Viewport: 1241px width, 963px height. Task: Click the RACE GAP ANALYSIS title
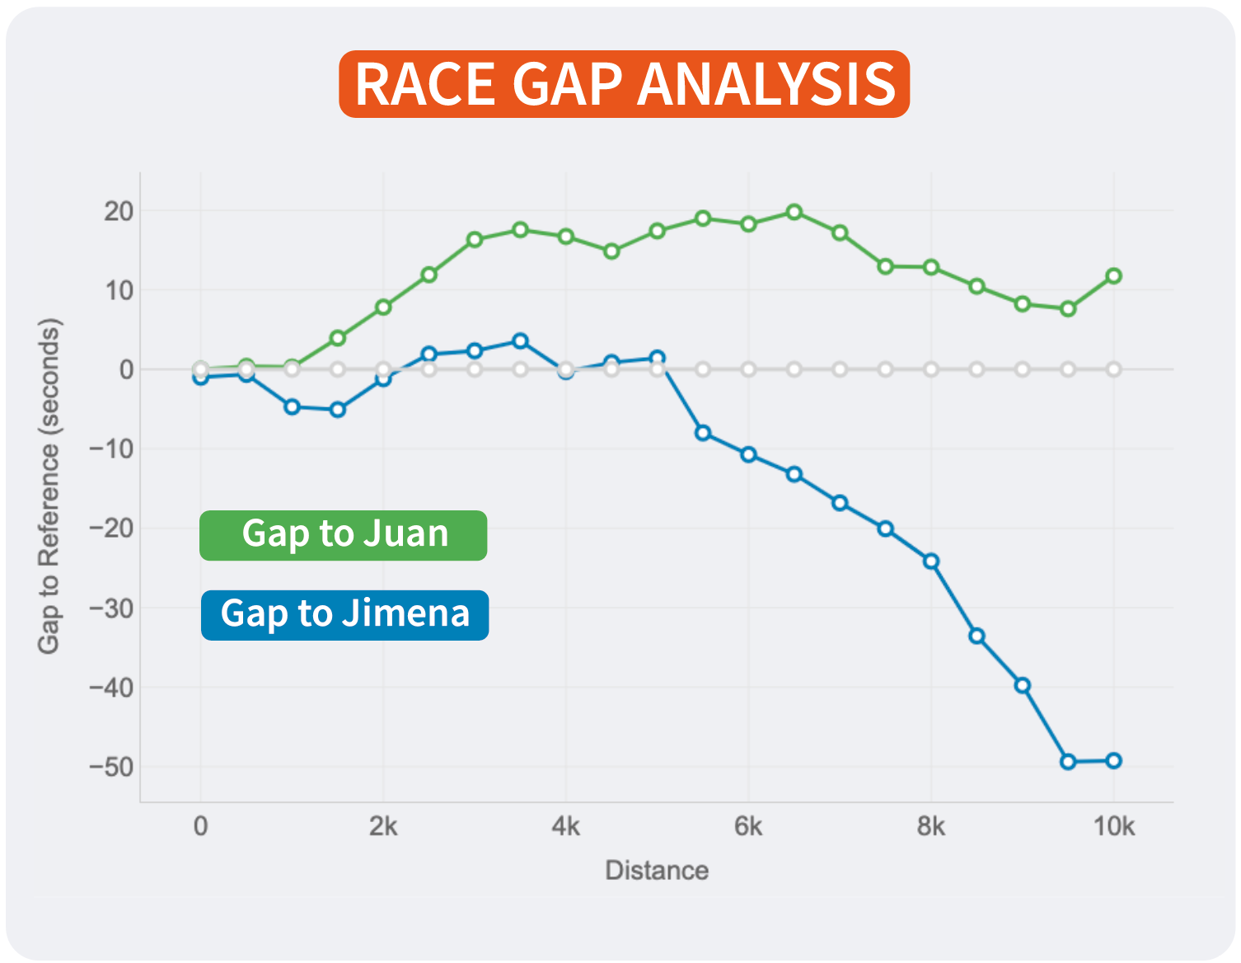coord(624,84)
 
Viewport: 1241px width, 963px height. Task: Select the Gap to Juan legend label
coord(344,534)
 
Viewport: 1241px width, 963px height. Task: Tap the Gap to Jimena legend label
coord(344,614)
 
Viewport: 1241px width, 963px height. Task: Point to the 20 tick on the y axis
coord(119,211)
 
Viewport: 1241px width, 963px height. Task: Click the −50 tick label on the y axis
coord(112,767)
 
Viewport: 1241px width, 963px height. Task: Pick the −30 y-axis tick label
coord(112,608)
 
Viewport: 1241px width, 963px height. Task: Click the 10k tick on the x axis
coord(1113,826)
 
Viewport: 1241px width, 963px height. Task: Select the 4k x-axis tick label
coord(565,826)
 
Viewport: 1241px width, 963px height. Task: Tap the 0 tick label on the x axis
coord(200,826)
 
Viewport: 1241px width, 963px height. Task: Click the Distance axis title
coord(657,871)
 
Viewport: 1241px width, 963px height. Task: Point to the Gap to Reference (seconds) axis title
coord(49,486)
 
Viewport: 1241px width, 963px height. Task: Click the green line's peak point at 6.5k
coord(794,213)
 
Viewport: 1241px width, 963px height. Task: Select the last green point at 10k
coord(1113,276)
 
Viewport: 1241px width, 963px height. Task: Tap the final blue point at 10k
coord(1113,761)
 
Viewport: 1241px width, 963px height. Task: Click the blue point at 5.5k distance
coord(703,433)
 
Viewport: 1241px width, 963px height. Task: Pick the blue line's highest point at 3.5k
coord(520,341)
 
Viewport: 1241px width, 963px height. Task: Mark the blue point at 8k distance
coord(931,561)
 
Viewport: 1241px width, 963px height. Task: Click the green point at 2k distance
coord(383,308)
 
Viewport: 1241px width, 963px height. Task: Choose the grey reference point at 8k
coord(931,369)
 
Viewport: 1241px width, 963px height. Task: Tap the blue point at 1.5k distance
coord(338,410)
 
